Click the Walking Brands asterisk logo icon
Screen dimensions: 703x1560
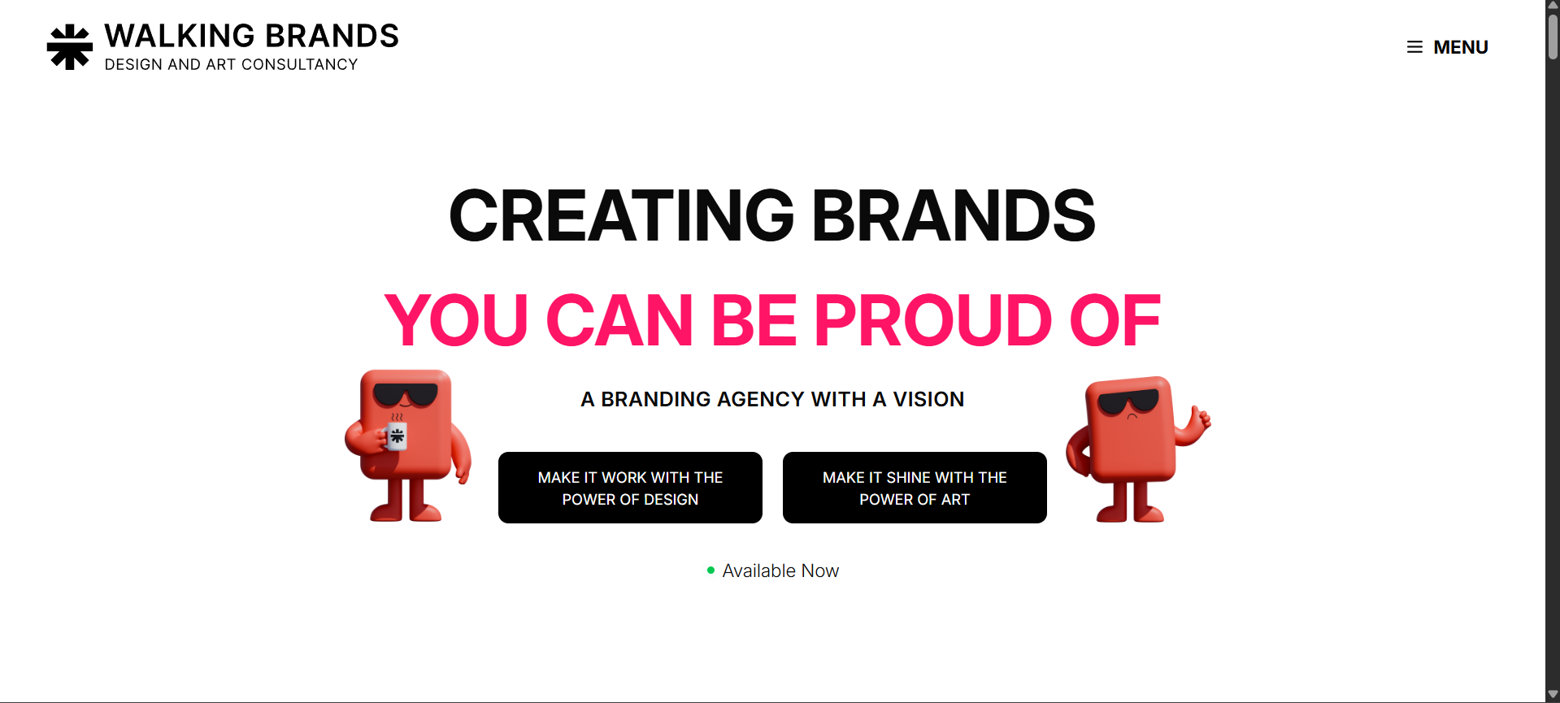[x=70, y=47]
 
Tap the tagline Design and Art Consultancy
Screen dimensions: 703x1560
[x=231, y=65]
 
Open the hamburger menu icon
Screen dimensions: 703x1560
[x=1414, y=47]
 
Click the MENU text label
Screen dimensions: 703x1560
[x=1460, y=47]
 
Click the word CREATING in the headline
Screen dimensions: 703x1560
[x=621, y=216]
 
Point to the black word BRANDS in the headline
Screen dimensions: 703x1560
[x=953, y=216]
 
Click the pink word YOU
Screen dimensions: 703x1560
[x=457, y=321]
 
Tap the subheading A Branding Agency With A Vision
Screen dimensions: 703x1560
[x=772, y=399]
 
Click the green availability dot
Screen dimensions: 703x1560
[x=710, y=571]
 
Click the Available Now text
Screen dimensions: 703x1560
[x=780, y=571]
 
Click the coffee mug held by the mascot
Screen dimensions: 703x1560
[x=397, y=436]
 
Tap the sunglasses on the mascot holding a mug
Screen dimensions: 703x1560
[x=405, y=395]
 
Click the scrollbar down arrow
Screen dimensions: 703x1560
[x=1553, y=695]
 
